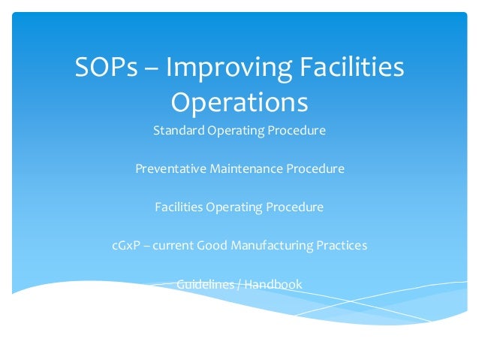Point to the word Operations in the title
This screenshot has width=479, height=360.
tap(239, 101)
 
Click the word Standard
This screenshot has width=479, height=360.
tap(177, 131)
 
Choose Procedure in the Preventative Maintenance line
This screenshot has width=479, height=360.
tap(315, 169)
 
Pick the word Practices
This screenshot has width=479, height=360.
tap(342, 246)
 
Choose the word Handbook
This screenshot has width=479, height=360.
tap(273, 284)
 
